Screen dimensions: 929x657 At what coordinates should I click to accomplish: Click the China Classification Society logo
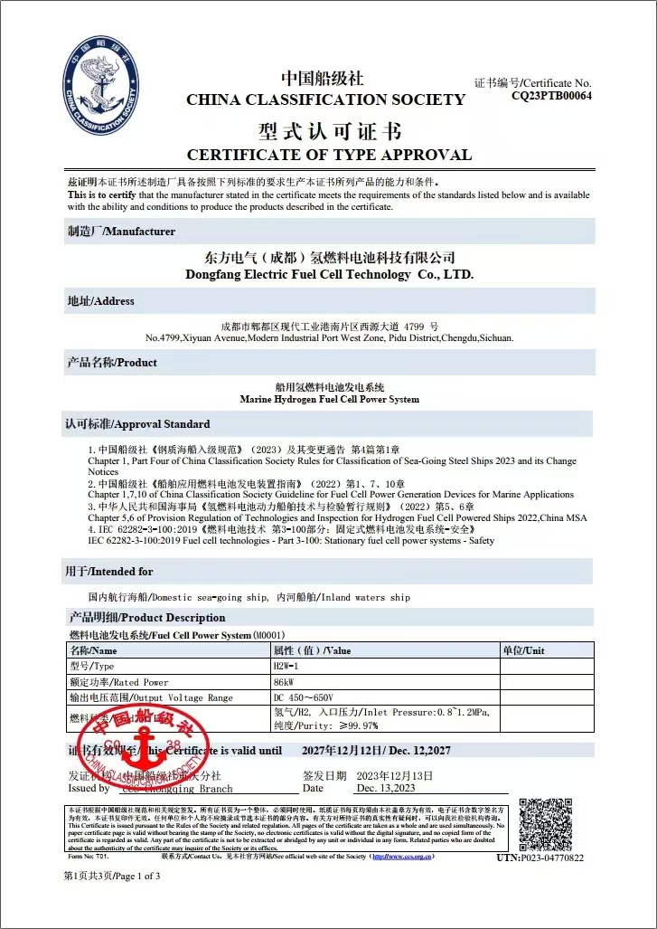pyautogui.click(x=101, y=87)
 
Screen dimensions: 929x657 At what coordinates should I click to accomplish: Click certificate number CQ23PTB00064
pyautogui.click(x=551, y=95)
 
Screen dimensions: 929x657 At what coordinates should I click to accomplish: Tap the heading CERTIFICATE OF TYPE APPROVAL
pyautogui.click(x=329, y=155)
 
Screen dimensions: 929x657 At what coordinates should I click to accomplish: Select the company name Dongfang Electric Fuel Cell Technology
pyautogui.click(x=329, y=274)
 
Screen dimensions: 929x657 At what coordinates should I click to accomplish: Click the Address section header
pyautogui.click(x=101, y=300)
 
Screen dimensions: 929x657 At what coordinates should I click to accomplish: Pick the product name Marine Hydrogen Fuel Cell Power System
pyautogui.click(x=329, y=399)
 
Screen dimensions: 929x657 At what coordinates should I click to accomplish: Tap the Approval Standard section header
pyautogui.click(x=137, y=423)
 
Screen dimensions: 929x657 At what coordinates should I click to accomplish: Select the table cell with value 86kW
pyautogui.click(x=283, y=682)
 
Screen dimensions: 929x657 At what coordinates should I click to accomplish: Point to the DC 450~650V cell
pyautogui.click(x=304, y=697)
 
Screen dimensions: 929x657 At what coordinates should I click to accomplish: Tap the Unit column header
pyautogui.click(x=523, y=650)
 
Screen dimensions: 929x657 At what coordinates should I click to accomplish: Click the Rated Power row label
pyautogui.click(x=119, y=682)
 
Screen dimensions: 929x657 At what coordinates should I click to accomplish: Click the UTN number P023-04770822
pyautogui.click(x=540, y=858)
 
